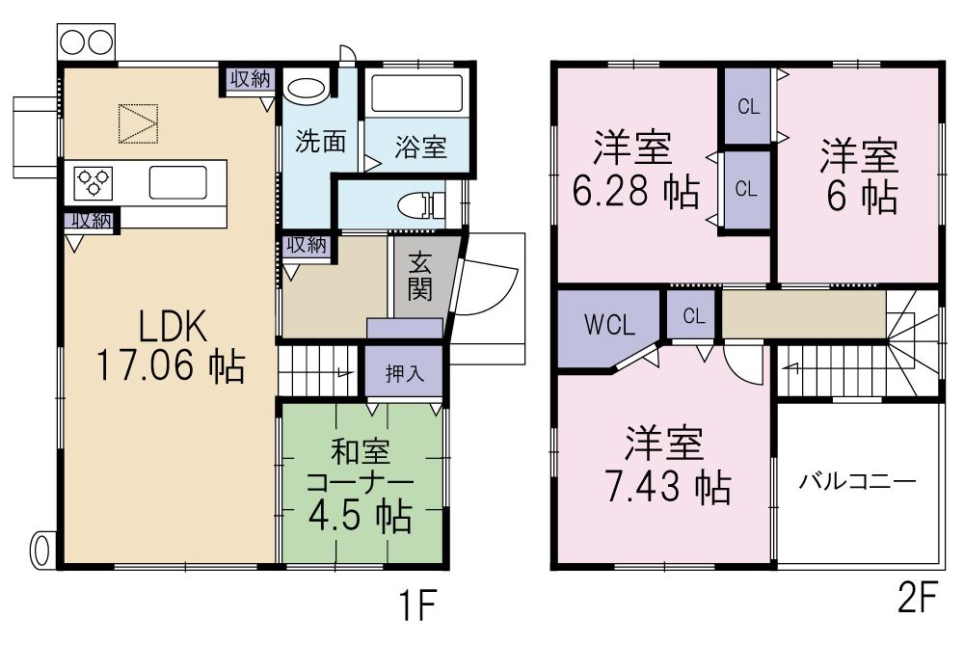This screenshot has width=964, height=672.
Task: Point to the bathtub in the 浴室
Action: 416,94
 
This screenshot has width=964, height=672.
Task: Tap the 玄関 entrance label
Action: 419,277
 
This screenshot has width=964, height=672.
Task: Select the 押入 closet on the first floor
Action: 404,374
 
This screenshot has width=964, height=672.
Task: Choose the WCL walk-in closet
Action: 609,326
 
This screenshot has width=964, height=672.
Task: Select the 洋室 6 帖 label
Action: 860,175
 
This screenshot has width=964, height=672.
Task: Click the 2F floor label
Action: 917,602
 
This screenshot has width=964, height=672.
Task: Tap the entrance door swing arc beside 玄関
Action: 492,289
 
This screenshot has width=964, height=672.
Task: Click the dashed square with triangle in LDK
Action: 137,123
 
